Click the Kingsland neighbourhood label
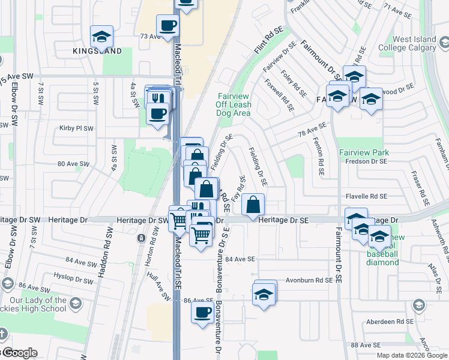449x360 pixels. click(101, 51)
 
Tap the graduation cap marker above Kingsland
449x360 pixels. click(101, 37)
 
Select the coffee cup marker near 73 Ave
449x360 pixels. click(167, 26)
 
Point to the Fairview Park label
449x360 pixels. click(364, 152)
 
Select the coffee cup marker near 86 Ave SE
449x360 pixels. click(202, 312)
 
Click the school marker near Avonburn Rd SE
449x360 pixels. click(263, 295)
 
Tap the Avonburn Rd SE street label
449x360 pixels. click(308, 280)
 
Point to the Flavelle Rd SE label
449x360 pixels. click(366, 196)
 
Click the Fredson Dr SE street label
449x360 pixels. click(367, 161)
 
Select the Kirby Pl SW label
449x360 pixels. click(76, 128)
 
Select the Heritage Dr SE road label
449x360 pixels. click(283, 221)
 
